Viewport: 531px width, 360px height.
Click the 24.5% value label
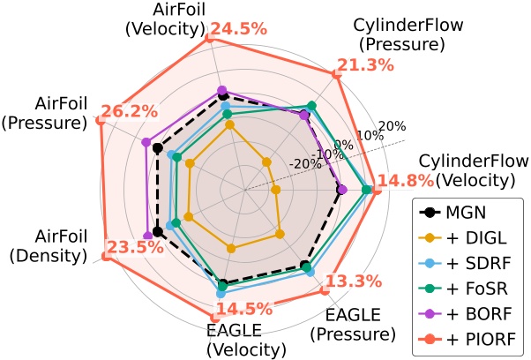tap(239, 29)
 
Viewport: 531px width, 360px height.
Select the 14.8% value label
tap(405, 181)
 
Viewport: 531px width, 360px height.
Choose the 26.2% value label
tap(130, 112)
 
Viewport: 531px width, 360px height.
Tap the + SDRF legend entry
tap(474, 262)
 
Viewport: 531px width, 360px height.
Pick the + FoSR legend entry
tap(473, 287)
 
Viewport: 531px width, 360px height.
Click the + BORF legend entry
tap(474, 311)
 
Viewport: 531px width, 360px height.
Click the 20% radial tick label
tap(393, 124)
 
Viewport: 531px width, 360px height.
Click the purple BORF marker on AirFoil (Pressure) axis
tap(144, 141)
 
